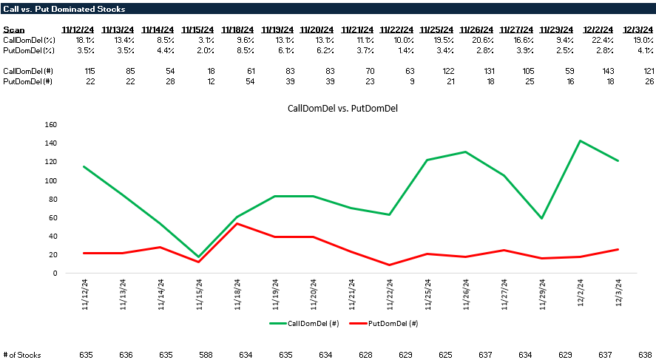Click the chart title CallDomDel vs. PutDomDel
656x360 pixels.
328,109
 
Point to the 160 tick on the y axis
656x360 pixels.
50,124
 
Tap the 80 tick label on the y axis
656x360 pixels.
53,199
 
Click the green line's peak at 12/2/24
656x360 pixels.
581,140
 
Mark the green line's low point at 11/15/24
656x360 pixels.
198,257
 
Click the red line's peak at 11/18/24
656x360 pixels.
237,223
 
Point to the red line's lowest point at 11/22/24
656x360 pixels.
390,265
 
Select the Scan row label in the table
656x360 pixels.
14,30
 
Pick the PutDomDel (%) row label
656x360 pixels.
29,50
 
